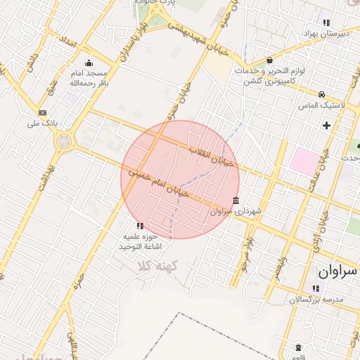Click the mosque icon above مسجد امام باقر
click(89, 63)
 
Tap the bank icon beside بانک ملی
click(43, 112)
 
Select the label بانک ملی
click(41, 124)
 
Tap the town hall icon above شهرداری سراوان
click(234, 200)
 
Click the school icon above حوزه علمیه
click(140, 226)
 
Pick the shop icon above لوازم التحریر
click(270, 60)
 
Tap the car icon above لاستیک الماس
click(321, 94)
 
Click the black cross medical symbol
click(326, 125)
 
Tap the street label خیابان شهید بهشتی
click(193, 31)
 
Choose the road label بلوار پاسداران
click(134, 41)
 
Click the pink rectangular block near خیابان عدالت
click(303, 161)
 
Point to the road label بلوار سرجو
click(246, 254)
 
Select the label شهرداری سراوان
click(236, 211)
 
